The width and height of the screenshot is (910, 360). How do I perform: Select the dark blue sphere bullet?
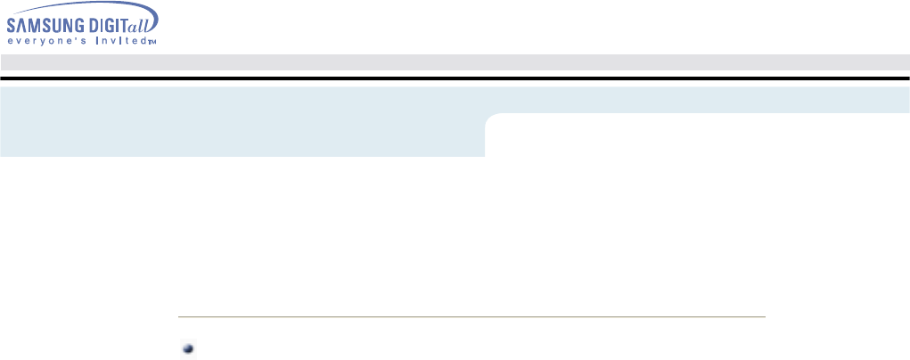(188, 349)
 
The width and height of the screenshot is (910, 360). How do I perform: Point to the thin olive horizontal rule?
(472, 316)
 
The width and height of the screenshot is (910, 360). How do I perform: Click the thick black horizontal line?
(455, 78)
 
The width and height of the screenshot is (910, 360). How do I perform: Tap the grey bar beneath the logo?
(455, 61)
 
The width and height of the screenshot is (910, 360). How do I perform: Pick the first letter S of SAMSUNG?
(11, 26)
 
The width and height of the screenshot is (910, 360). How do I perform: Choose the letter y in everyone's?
(32, 41)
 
